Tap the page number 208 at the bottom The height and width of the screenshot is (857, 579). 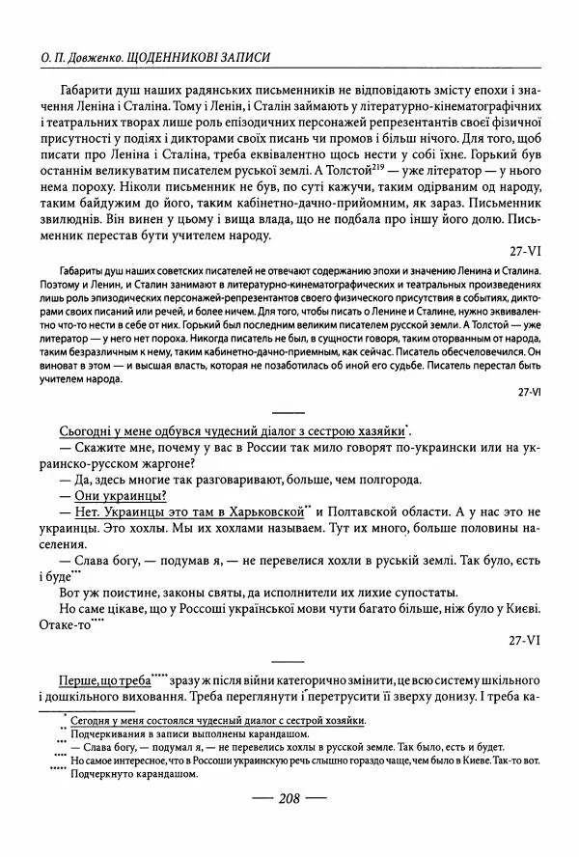point(289,797)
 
